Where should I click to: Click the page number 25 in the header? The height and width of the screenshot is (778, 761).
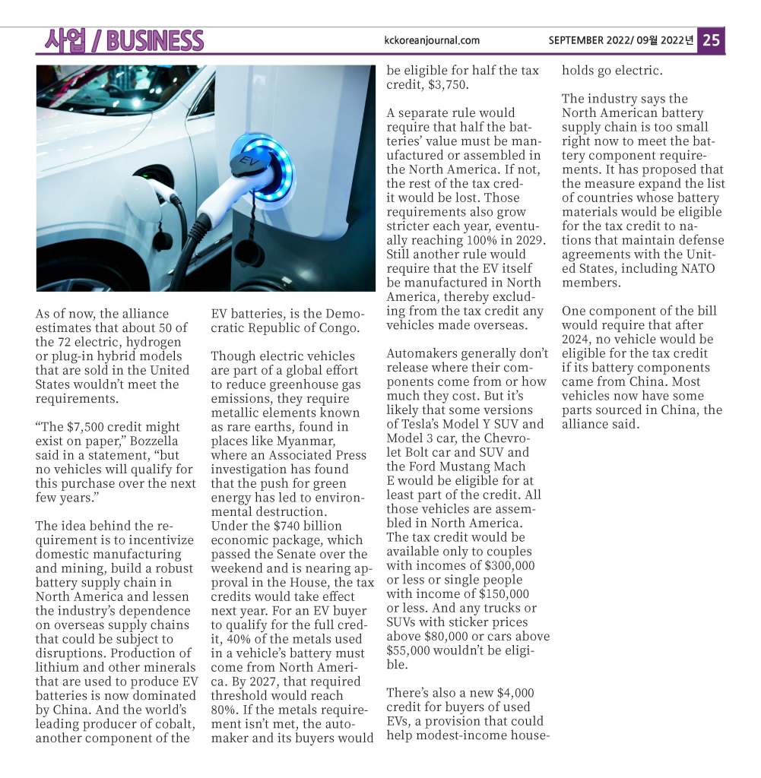click(711, 40)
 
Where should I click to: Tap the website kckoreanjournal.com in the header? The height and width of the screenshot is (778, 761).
click(432, 40)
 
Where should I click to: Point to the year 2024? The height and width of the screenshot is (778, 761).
click(577, 339)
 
